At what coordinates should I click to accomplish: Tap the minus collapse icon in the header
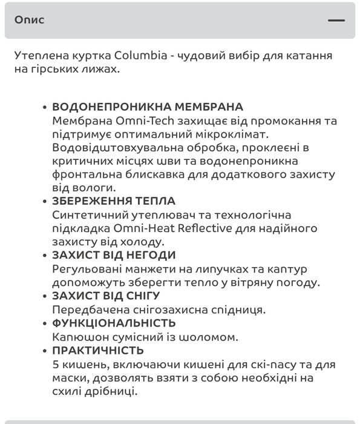336,21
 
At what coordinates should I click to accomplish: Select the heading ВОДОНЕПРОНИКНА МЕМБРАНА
148,107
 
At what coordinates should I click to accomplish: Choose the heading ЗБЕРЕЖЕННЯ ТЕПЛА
114,201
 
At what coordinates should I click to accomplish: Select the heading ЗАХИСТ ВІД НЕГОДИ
114,255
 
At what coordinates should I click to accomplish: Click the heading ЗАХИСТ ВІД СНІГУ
106,296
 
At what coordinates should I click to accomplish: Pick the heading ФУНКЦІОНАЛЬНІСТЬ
114,323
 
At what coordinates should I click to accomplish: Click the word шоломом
208,337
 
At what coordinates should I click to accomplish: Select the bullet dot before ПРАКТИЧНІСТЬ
45,351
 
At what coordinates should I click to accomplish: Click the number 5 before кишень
56,365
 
